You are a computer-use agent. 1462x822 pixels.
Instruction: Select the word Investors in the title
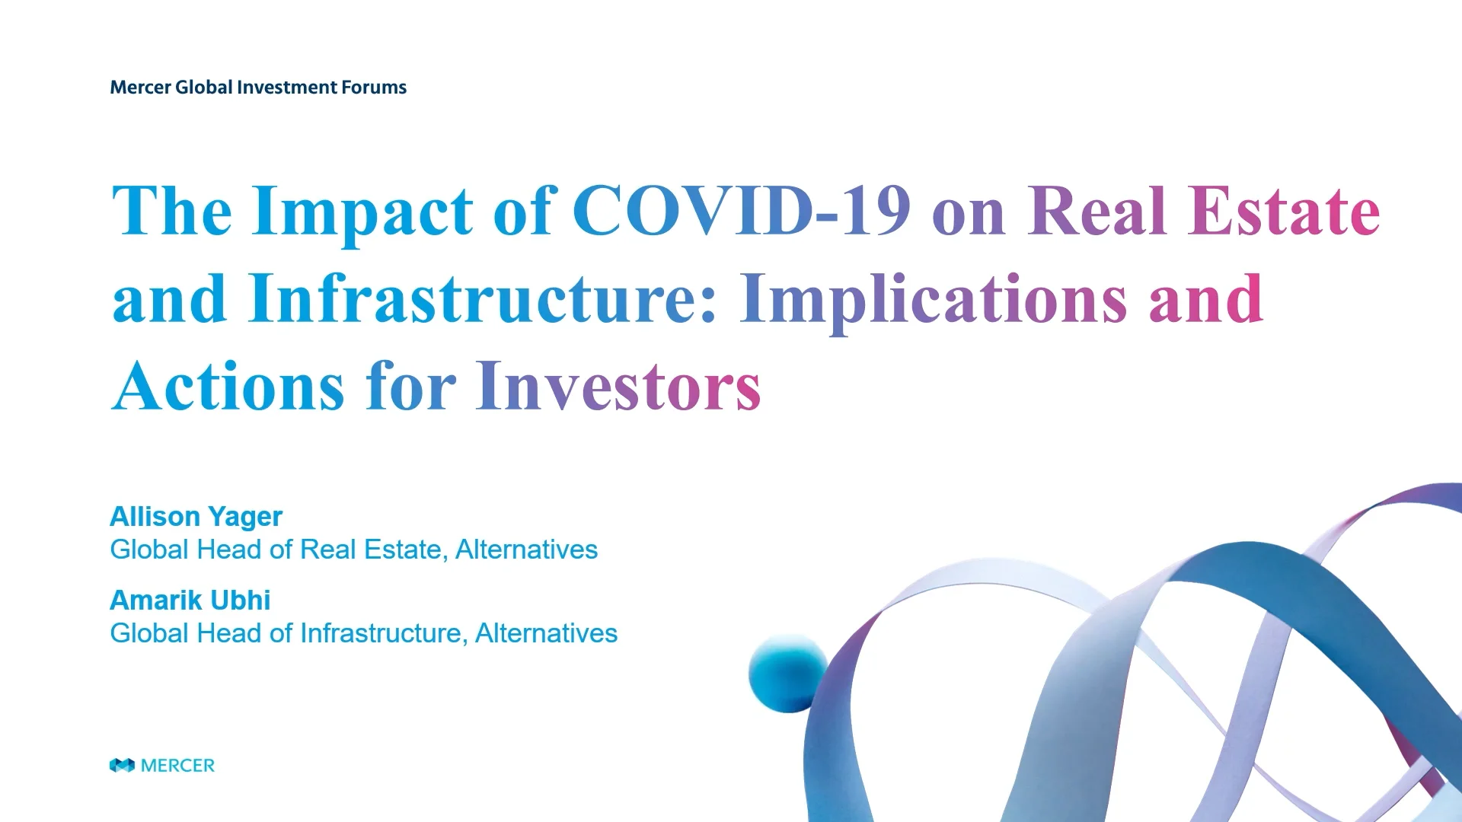(618, 387)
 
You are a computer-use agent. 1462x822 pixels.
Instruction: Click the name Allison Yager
(196, 517)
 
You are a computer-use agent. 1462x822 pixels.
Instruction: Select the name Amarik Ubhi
(190, 601)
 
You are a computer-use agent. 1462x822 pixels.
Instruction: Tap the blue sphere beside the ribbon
(787, 674)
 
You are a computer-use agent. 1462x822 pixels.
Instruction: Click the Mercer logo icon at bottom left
(122, 765)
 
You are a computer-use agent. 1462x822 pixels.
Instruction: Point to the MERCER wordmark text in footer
(177, 766)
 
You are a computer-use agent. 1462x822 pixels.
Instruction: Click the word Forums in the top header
(374, 88)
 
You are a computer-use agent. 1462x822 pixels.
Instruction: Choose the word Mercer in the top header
(140, 88)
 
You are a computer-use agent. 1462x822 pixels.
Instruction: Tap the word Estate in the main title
(1283, 211)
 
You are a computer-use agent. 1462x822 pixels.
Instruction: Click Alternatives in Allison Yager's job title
(526, 550)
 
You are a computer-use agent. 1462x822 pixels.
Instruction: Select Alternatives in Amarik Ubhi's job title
(546, 633)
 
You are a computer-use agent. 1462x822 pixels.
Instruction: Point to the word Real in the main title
(1097, 211)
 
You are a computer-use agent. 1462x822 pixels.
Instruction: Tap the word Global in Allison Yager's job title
(149, 550)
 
